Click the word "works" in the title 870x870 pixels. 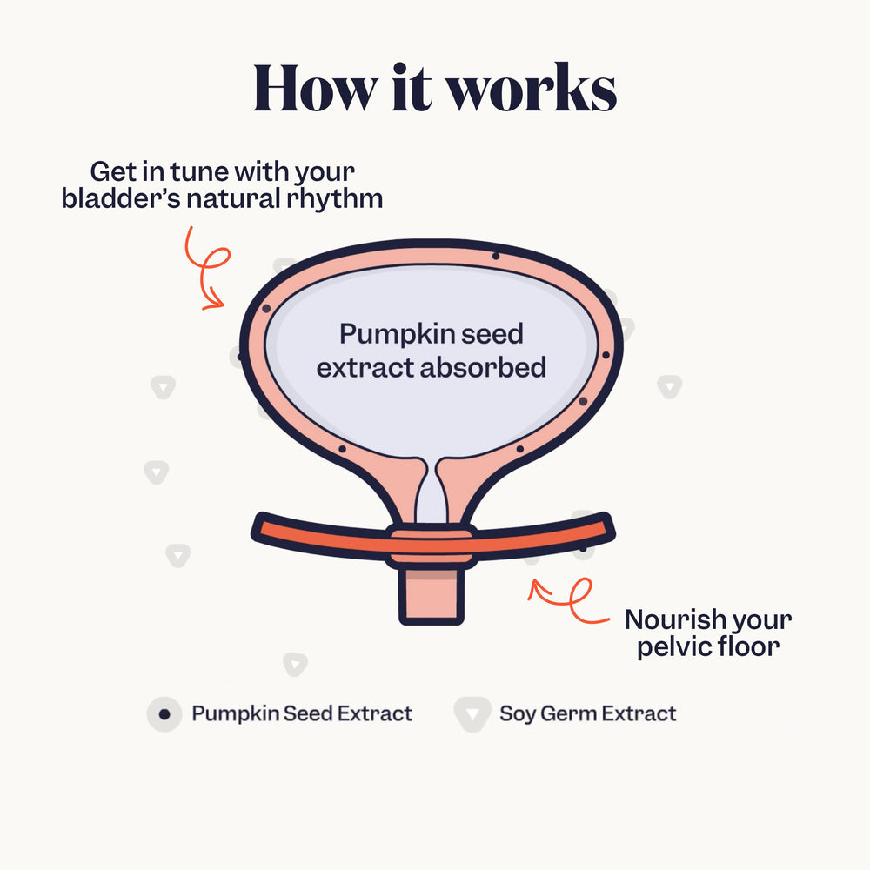(x=532, y=88)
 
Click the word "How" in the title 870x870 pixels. (x=315, y=88)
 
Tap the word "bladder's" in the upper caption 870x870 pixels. (x=121, y=198)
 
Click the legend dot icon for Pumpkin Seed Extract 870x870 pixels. (x=164, y=714)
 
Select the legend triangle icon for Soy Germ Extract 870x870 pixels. (x=472, y=714)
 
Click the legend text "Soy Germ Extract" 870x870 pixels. (x=587, y=714)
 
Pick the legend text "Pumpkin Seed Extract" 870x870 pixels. (x=302, y=713)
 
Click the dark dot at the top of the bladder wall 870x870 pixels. (x=496, y=257)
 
